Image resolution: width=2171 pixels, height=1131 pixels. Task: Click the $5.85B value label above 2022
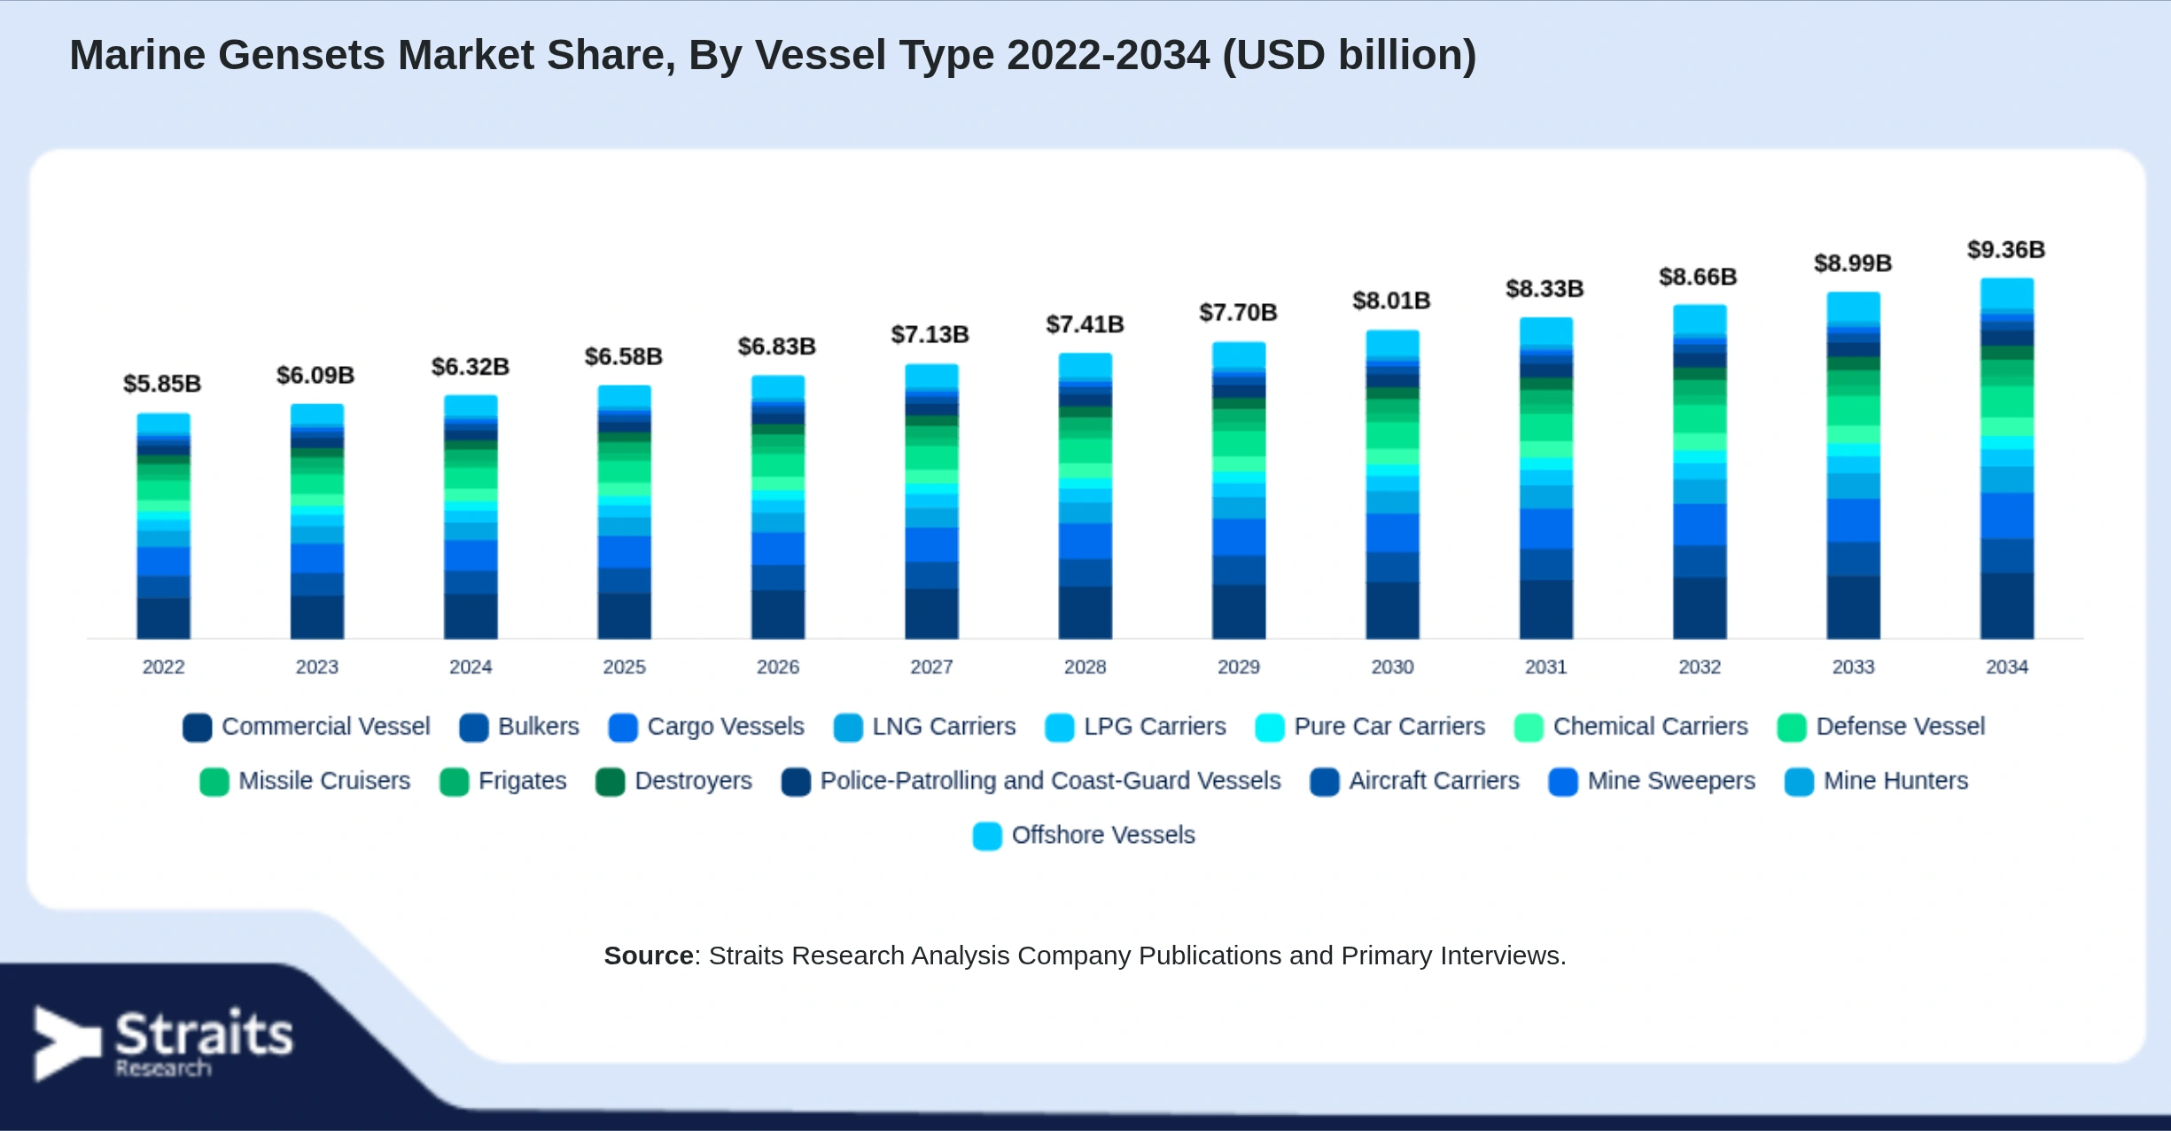point(162,384)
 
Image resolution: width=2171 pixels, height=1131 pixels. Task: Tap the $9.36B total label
point(2006,250)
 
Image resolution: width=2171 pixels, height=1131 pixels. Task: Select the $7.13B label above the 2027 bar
point(930,335)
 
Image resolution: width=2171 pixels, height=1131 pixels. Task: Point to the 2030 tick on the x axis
point(1392,667)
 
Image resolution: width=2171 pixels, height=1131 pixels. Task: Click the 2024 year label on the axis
point(471,667)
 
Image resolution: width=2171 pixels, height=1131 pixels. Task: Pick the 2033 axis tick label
point(1853,667)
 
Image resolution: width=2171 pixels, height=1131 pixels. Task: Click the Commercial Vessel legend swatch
point(198,728)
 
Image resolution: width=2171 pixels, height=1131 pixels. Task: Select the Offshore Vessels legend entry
point(1085,835)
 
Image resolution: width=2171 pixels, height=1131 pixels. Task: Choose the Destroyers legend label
point(693,781)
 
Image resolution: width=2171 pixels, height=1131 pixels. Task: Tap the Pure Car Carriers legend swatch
point(1270,728)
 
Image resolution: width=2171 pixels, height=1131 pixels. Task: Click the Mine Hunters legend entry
point(1877,781)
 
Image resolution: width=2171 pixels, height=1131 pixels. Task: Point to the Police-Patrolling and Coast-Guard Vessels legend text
point(1050,781)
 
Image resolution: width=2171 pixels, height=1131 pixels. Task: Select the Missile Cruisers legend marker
point(214,782)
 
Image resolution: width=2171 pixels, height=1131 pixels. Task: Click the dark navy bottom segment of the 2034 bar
point(2007,606)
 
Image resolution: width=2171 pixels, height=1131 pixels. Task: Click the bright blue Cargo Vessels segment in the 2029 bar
point(1239,537)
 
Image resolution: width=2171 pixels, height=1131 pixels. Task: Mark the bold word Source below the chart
point(649,955)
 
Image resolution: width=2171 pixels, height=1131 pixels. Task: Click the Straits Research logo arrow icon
point(64,1043)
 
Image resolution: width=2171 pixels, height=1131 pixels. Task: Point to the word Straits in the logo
point(204,1033)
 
